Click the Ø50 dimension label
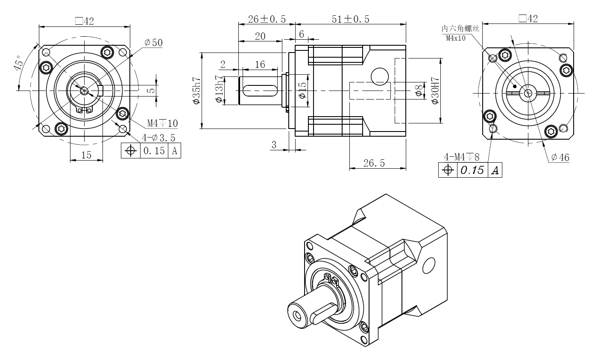click(x=153, y=43)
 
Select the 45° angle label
click(x=18, y=63)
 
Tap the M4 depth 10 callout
click(x=162, y=123)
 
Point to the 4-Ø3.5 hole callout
click(x=158, y=138)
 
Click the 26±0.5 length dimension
click(x=267, y=19)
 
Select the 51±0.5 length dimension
click(x=350, y=19)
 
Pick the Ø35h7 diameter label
click(x=196, y=91)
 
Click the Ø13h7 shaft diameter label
click(x=219, y=89)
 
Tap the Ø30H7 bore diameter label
click(x=435, y=91)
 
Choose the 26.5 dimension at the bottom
click(x=374, y=163)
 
